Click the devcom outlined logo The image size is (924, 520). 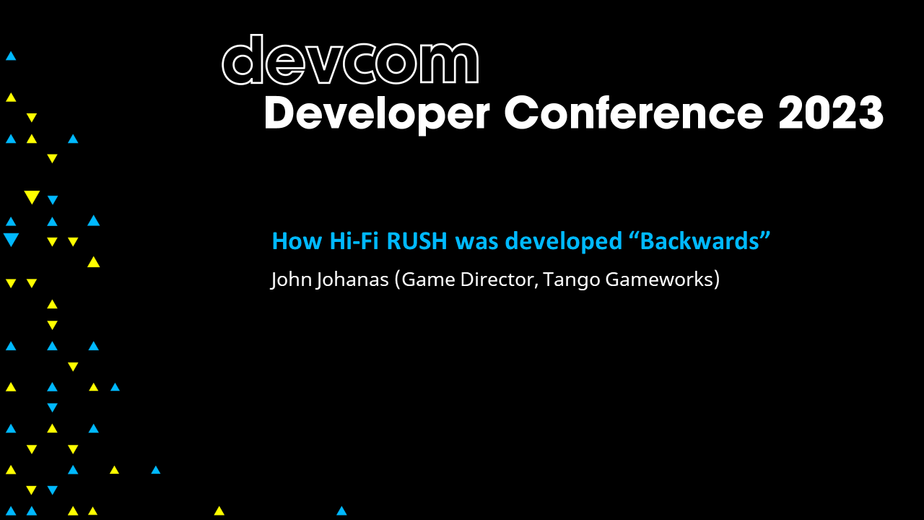click(350, 61)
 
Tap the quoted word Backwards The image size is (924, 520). click(699, 240)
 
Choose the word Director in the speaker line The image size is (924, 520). click(496, 279)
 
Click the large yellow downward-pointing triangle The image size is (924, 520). click(31, 196)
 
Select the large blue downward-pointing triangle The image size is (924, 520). click(11, 239)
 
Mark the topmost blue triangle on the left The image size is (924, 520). click(11, 56)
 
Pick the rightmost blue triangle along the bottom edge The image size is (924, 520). click(341, 511)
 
